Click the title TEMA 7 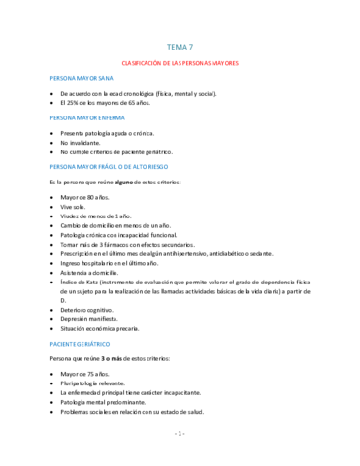[180, 46]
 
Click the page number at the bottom [180, 433]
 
